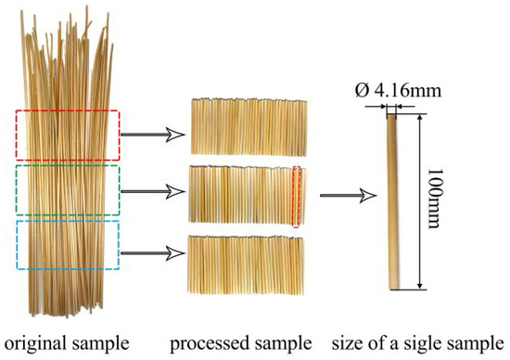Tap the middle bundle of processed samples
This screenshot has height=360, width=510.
point(241,195)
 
